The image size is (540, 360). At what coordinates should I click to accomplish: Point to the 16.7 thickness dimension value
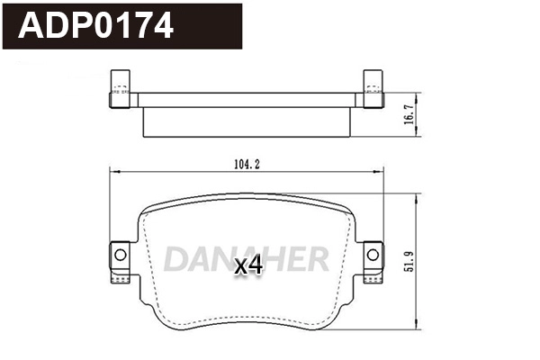click(x=410, y=115)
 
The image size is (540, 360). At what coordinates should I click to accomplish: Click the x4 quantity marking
click(x=247, y=265)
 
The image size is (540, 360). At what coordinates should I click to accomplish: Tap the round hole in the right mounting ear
click(x=371, y=255)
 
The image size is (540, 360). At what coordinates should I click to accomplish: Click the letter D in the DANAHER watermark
click(x=175, y=259)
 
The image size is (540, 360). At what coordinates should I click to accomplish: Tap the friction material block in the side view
click(x=245, y=122)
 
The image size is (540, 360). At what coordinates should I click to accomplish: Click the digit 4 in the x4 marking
click(x=255, y=265)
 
